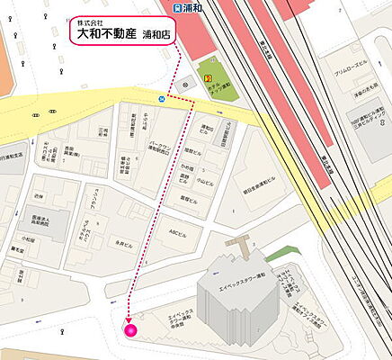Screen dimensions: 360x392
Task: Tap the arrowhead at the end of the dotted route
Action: (129, 318)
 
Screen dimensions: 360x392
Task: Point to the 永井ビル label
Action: (125, 243)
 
